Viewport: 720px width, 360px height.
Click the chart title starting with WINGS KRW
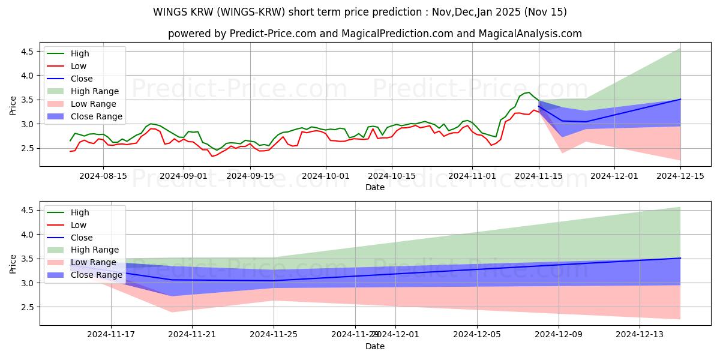360,12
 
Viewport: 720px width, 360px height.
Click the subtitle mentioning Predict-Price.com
375,34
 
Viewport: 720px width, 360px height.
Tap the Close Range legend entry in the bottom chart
96,275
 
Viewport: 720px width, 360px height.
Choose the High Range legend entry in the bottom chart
95,250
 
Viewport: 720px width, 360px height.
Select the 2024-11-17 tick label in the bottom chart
111,335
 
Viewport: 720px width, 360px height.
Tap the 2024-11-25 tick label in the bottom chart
274,335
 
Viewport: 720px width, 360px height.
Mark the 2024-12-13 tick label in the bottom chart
640,335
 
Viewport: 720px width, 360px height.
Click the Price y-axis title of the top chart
13,106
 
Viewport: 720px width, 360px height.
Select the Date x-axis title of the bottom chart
375,346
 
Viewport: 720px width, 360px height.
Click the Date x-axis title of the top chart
375,187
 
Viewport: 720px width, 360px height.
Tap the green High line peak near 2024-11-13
529,92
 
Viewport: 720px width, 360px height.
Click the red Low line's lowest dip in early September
212,157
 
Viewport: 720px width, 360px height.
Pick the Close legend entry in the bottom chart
82,237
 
